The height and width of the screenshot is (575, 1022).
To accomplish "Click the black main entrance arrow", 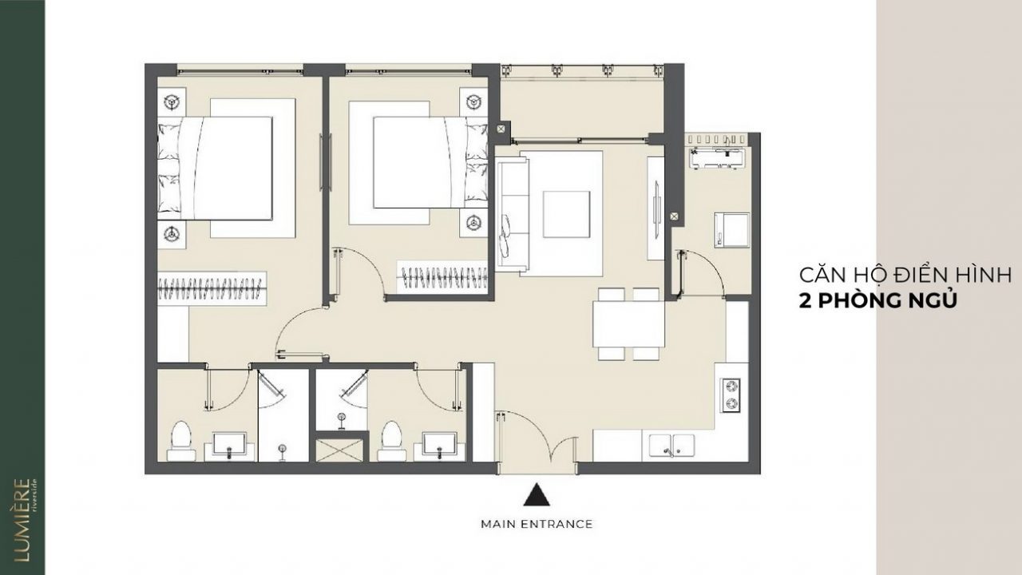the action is click(x=537, y=494).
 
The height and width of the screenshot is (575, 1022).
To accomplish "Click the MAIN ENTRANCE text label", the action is click(x=537, y=524).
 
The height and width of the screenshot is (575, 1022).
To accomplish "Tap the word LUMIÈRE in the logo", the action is click(x=22, y=520).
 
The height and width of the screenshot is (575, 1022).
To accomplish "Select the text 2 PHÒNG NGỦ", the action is click(x=877, y=301).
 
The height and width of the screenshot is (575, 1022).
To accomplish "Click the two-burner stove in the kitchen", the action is click(x=730, y=395).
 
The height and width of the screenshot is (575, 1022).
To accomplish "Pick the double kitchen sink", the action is click(x=671, y=446).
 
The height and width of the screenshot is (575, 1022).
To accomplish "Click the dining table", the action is click(x=628, y=324).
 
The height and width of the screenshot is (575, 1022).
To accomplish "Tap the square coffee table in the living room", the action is click(x=566, y=214).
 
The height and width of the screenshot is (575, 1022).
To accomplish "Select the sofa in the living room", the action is click(x=513, y=215).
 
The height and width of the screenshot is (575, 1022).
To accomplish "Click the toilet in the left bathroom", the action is click(x=181, y=441).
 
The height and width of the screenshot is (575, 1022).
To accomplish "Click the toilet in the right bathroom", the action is click(x=391, y=441).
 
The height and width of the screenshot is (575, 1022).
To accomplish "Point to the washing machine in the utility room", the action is click(x=732, y=230).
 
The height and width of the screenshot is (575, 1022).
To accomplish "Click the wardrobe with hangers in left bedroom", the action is click(x=212, y=288).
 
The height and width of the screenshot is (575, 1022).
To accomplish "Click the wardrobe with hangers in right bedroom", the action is click(x=442, y=277).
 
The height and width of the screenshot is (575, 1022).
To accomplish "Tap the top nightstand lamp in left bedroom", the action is click(x=172, y=101).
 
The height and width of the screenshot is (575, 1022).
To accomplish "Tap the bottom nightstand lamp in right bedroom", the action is click(x=473, y=223).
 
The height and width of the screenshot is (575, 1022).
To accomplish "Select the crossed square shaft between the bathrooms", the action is click(x=340, y=450).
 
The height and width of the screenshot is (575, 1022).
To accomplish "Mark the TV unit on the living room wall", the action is click(x=656, y=208).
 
